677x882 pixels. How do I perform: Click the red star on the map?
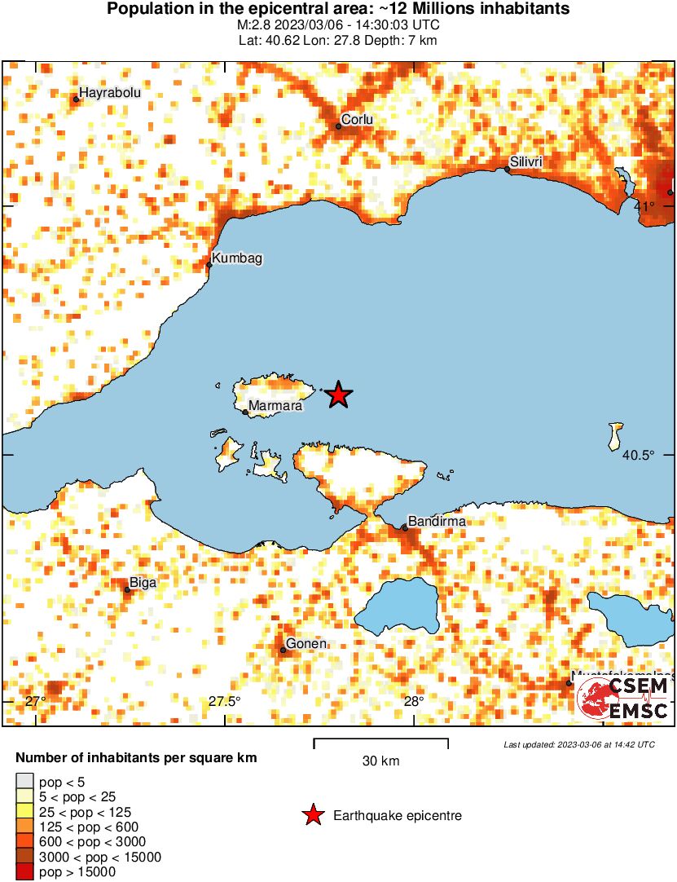339,395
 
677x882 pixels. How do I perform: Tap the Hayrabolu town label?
110,93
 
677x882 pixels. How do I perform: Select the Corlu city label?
357,120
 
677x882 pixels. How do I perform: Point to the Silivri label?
525,162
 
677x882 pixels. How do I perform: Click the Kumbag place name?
237,258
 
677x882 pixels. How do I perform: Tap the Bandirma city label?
436,520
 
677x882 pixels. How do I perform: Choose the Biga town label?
143,583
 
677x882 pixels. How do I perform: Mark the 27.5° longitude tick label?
224,702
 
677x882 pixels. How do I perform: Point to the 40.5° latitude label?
638,455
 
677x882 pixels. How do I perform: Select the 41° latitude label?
644,205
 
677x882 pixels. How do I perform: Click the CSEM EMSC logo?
623,698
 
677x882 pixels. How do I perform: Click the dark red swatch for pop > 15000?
25,872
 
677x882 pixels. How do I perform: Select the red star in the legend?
312,815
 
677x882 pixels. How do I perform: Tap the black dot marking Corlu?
339,126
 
